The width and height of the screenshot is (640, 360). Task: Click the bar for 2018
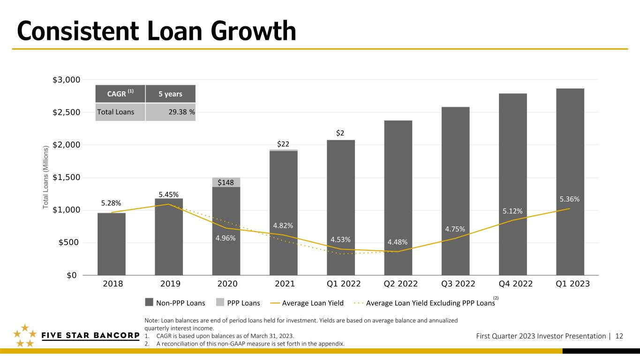pos(112,244)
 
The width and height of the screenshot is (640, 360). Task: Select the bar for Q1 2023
pos(570,182)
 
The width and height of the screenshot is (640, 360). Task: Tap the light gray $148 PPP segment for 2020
pos(226,182)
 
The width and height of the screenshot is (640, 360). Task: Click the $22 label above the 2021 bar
pos(283,144)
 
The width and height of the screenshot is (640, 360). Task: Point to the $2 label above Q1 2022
pos(340,133)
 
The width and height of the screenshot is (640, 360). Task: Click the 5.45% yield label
pos(169,195)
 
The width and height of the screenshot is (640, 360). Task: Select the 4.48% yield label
pos(398,242)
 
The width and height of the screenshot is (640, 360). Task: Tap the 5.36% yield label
pos(569,199)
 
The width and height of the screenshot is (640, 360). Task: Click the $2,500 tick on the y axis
pos(66,112)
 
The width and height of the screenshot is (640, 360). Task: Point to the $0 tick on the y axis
pos(71,276)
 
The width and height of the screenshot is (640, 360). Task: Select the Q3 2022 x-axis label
pos(458,284)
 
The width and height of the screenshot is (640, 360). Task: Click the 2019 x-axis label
pos(170,284)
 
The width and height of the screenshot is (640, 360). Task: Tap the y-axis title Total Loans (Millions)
pos(46,178)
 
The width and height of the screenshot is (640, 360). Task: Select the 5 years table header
pos(171,94)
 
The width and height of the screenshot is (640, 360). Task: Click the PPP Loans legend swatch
pos(220,302)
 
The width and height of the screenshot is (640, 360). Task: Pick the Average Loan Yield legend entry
pos(307,303)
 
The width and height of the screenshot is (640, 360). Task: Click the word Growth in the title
pos(254,31)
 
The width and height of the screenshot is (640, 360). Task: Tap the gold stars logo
pos(25,336)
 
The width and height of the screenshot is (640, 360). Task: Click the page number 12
pos(619,336)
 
